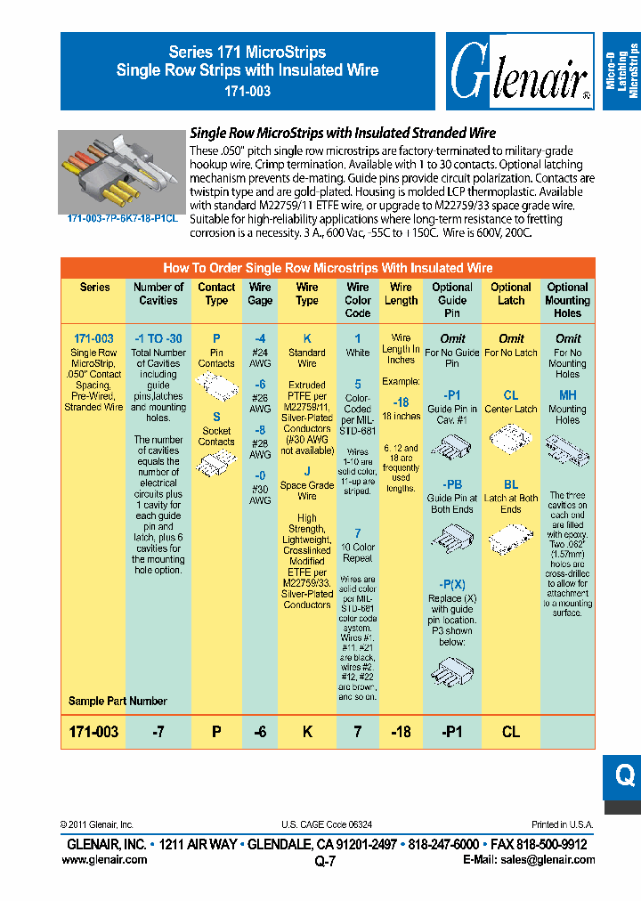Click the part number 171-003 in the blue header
pos(247,91)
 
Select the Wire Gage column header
pos(260,294)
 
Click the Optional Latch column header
pos(511,294)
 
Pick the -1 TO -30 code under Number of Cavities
pos(158,339)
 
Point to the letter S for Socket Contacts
pos(216,417)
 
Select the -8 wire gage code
pos(260,429)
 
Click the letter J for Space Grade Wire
pos(307,472)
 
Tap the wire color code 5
pos(358,384)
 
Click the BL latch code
pos(511,485)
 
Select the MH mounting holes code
pos(567,395)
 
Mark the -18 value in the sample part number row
pos(402,732)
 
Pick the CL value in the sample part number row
pos(511,732)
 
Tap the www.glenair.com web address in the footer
pos(104,860)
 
